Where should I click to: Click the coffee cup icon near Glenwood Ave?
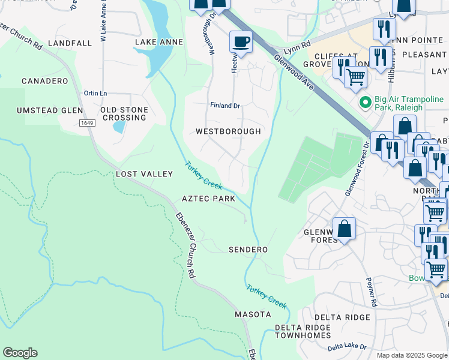(240, 42)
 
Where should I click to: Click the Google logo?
(20, 353)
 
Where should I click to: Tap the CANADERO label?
(45, 81)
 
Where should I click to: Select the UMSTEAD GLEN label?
(49, 110)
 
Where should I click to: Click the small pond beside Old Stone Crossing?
(118, 127)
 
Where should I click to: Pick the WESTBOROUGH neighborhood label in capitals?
(228, 131)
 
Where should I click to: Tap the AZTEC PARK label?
(208, 199)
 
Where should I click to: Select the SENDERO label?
(248, 249)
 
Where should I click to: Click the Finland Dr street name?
(225, 106)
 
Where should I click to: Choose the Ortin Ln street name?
(95, 93)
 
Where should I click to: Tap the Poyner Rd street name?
(370, 292)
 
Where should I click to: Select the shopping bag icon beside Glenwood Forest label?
(344, 228)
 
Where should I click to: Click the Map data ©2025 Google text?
(411, 355)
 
